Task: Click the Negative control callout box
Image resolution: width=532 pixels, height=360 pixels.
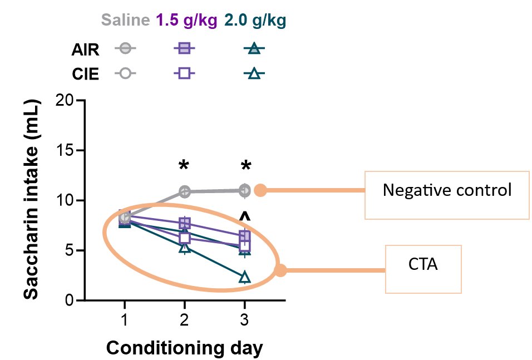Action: point(447,191)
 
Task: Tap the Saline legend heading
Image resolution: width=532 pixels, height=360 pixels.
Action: point(125,21)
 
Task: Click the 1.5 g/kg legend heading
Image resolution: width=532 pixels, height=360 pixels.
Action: point(187,21)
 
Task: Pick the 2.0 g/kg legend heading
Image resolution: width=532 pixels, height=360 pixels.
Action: point(255,21)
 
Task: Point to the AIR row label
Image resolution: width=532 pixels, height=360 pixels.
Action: point(85,50)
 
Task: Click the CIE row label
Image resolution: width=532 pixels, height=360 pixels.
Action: point(85,73)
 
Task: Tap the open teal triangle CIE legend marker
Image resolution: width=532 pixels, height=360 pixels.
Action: point(254,73)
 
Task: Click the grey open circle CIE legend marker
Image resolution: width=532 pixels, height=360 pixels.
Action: point(126,73)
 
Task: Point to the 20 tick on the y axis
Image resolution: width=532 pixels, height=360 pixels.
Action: point(65,101)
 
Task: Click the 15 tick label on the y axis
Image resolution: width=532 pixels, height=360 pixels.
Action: point(65,151)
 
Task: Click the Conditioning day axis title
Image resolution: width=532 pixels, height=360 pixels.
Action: point(184,348)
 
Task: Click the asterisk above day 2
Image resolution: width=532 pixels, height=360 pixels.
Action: point(184,166)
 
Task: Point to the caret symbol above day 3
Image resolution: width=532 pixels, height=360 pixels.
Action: point(244,216)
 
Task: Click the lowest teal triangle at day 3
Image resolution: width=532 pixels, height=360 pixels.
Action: point(244,277)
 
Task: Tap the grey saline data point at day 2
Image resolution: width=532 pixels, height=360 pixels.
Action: point(184,192)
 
